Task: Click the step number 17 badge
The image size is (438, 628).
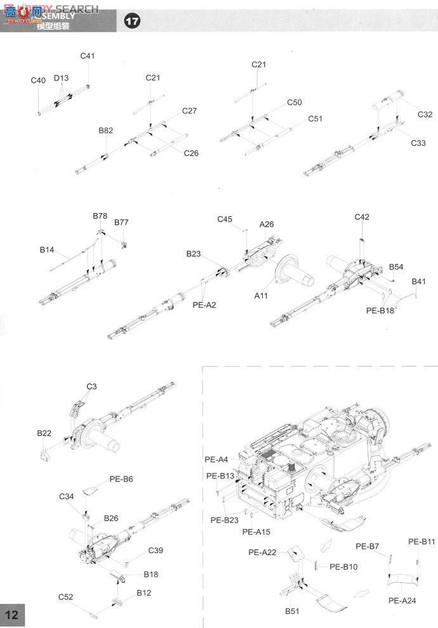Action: pyautogui.click(x=132, y=22)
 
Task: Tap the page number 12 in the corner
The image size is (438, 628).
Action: pyautogui.click(x=13, y=615)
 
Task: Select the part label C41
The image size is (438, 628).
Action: pyautogui.click(x=88, y=56)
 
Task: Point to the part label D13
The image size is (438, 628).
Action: pyautogui.click(x=61, y=78)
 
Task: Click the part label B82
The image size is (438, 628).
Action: pyautogui.click(x=106, y=131)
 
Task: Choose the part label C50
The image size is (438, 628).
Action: pyautogui.click(x=295, y=102)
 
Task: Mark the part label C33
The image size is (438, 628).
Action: pyautogui.click(x=418, y=143)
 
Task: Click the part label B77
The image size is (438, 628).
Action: pyautogui.click(x=121, y=223)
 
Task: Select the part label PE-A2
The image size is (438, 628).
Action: pyautogui.click(x=204, y=305)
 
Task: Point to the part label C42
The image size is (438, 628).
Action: pyautogui.click(x=362, y=217)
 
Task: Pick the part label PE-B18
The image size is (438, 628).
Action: pyautogui.click(x=380, y=311)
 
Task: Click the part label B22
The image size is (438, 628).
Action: pyautogui.click(x=44, y=433)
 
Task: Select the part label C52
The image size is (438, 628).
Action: pyautogui.click(x=66, y=597)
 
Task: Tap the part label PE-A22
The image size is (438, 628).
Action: pyautogui.click(x=262, y=553)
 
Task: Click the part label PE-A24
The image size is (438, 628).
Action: pyautogui.click(x=402, y=600)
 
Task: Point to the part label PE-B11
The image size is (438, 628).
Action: pyautogui.click(x=421, y=542)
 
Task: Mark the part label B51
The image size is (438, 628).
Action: pyautogui.click(x=292, y=610)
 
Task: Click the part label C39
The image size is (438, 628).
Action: pyautogui.click(x=156, y=550)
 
